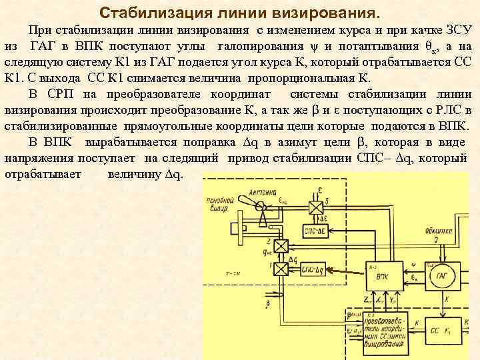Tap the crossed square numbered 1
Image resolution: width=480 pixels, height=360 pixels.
tap(281, 269)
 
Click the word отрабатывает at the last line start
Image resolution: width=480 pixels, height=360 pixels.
tap(43, 174)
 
